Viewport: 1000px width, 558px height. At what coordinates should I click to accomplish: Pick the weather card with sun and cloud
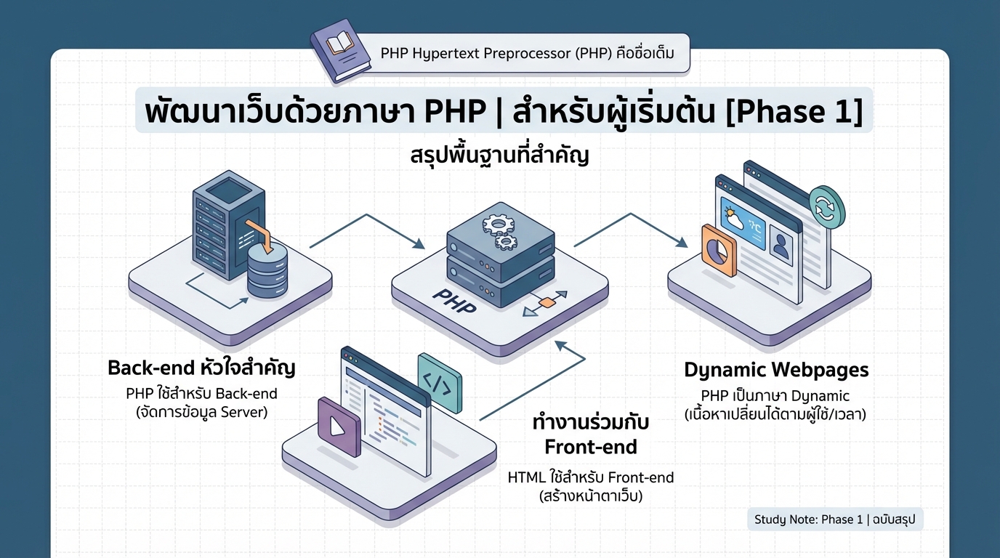pyautogui.click(x=741, y=222)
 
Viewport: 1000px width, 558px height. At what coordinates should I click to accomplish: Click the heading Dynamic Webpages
pyautogui.click(x=776, y=370)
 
